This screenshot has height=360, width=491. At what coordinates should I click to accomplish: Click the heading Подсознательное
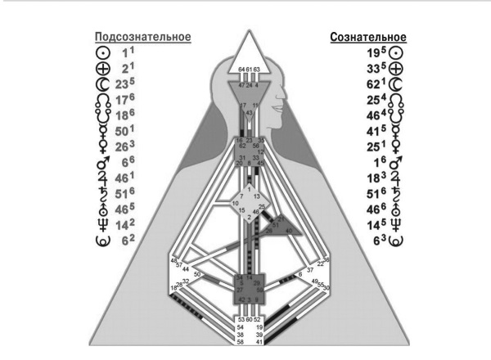143,37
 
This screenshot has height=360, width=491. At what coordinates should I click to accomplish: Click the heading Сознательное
367,37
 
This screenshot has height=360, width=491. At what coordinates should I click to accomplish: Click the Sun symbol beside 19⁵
401,52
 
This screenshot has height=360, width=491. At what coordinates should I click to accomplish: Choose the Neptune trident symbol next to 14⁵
401,225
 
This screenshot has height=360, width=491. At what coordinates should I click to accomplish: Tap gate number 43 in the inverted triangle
248,112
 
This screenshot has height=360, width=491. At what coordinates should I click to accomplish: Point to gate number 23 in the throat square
249,141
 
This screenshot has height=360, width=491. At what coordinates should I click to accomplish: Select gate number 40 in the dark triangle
288,231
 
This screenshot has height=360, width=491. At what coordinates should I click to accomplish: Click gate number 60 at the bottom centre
248,319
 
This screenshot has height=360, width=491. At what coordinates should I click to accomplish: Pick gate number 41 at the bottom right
258,341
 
